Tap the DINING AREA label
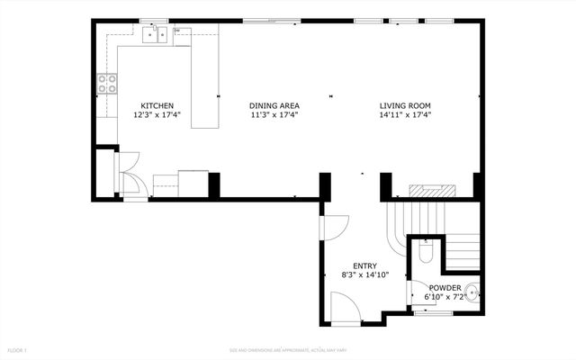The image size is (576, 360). pyautogui.click(x=274, y=105)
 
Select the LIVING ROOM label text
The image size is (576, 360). pyautogui.click(x=405, y=105)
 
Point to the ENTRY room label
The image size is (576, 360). pyautogui.click(x=364, y=265)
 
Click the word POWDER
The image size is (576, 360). pyautogui.click(x=445, y=288)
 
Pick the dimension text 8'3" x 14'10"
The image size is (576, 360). pyautogui.click(x=364, y=274)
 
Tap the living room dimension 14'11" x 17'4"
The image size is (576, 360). pyautogui.click(x=405, y=115)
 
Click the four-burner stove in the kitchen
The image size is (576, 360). pyautogui.click(x=107, y=85)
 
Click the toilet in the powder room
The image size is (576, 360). pyautogui.click(x=427, y=252)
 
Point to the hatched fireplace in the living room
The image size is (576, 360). pyautogui.click(x=433, y=191)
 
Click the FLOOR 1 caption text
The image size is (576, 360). pyautogui.click(x=18, y=349)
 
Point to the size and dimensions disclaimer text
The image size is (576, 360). pyautogui.click(x=287, y=349)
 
